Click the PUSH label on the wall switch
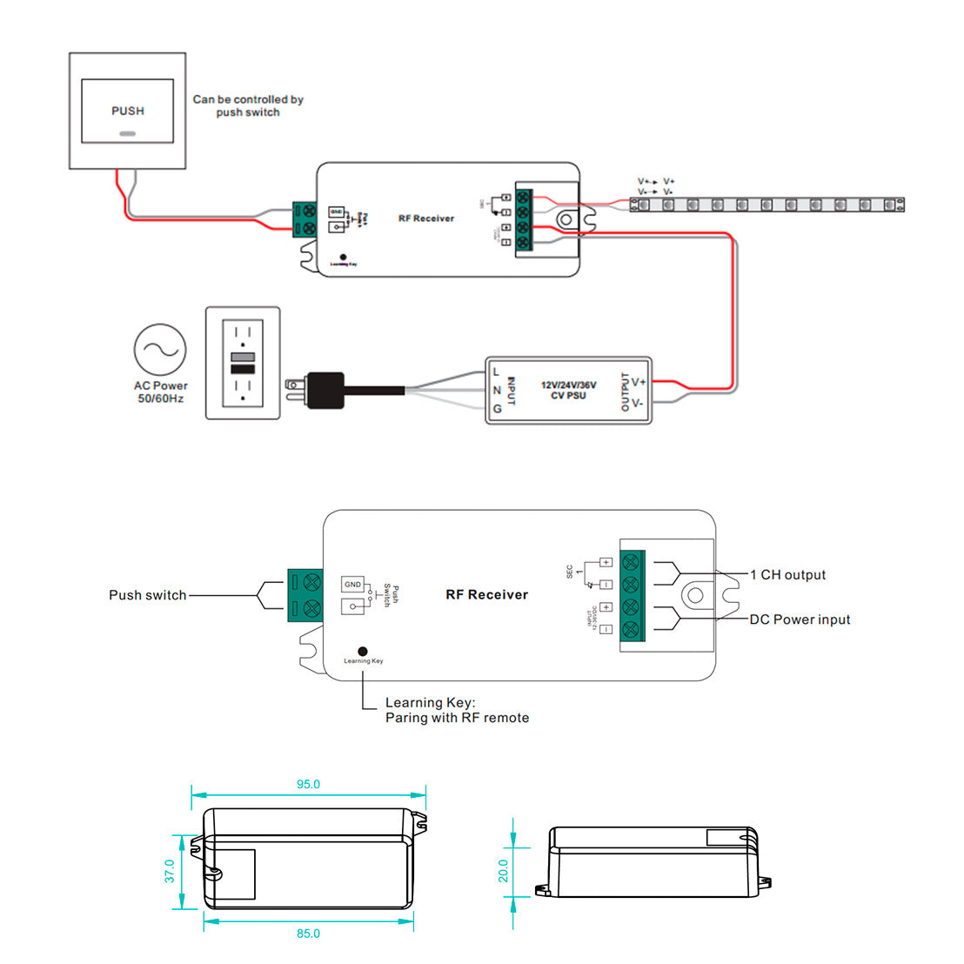pyautogui.click(x=128, y=110)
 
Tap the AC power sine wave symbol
pyautogui.click(x=160, y=350)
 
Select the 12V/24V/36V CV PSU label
pyautogui.click(x=568, y=390)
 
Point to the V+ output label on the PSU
pyautogui.click(x=638, y=382)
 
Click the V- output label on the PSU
pyautogui.click(x=638, y=403)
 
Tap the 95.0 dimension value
pyautogui.click(x=308, y=784)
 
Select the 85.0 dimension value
pyautogui.click(x=308, y=934)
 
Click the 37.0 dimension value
pyautogui.click(x=170, y=871)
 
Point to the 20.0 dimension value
pyautogui.click(x=503, y=871)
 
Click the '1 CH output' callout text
pyautogui.click(x=787, y=575)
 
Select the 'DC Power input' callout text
pyautogui.click(x=800, y=619)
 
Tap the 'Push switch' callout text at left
pyautogui.click(x=147, y=595)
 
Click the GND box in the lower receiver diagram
pyautogui.click(x=352, y=584)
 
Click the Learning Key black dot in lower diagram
pyautogui.click(x=363, y=651)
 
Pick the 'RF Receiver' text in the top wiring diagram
pyautogui.click(x=426, y=218)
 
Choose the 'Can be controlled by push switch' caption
pyautogui.click(x=248, y=105)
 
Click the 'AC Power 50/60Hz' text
pyautogui.click(x=160, y=392)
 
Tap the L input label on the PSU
pyautogui.click(x=497, y=372)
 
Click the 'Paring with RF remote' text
pyautogui.click(x=457, y=718)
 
